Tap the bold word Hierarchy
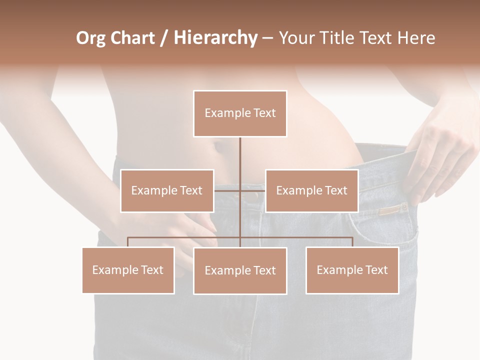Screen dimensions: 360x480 click(215, 38)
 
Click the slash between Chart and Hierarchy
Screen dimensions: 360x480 click(164, 38)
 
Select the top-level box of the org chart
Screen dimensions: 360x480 click(240, 113)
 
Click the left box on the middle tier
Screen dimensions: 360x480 click(167, 191)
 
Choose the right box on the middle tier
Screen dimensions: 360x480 click(311, 191)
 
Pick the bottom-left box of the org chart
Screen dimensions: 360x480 click(128, 270)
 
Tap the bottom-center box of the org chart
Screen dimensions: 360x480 click(240, 271)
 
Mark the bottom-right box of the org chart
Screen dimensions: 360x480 click(352, 270)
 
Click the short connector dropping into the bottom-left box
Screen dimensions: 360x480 click(128, 242)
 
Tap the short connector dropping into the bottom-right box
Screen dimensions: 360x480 click(352, 242)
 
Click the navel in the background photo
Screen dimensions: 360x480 click(218, 148)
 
